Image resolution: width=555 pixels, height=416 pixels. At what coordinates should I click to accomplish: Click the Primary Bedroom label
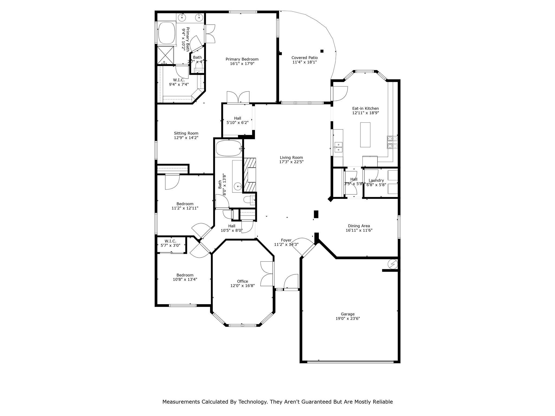point(242,59)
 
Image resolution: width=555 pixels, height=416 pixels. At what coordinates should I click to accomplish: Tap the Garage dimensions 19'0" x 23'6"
point(347,319)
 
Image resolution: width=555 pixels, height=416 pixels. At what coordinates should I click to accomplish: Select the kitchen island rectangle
point(365,135)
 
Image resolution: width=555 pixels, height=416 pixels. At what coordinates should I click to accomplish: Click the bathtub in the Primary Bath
point(167,33)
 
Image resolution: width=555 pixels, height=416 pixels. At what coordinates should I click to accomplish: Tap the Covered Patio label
point(304,58)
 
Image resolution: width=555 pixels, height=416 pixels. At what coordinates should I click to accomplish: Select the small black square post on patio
point(322,51)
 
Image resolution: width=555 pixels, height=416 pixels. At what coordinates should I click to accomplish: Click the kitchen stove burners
point(392,142)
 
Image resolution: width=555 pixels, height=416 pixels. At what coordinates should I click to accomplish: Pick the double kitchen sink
point(338,147)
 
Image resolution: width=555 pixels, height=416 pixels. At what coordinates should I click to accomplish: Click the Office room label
point(242,281)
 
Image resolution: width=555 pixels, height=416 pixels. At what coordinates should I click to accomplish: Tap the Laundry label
point(376,180)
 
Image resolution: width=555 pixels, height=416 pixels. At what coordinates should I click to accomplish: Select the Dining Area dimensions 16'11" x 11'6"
point(359,230)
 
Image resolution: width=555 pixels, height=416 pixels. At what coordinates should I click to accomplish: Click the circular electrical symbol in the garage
point(392,264)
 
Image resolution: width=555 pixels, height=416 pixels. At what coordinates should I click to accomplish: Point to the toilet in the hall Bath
point(249,200)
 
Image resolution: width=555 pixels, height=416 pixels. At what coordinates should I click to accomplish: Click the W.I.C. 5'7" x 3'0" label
point(170,243)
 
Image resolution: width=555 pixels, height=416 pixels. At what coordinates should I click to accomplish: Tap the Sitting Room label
point(186,133)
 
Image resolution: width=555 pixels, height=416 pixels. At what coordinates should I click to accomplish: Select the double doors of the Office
point(267,274)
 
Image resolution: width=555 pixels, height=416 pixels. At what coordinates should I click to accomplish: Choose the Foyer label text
point(286,240)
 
